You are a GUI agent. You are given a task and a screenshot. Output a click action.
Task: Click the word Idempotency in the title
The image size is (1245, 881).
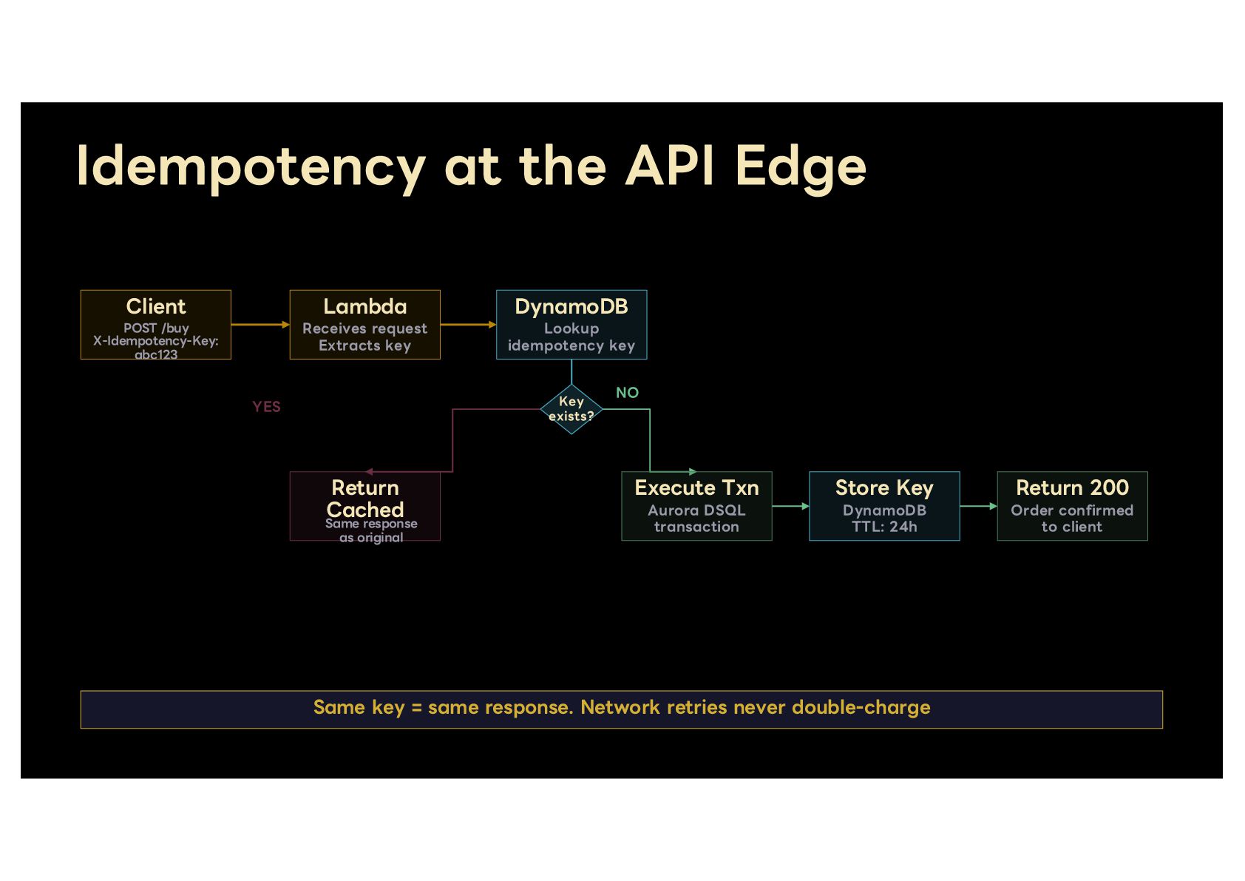tap(251, 167)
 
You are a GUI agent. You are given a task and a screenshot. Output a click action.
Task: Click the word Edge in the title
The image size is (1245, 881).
tap(801, 167)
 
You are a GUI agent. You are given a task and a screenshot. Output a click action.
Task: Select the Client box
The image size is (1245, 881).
tap(155, 325)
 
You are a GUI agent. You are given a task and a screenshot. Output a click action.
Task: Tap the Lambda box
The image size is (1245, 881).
tap(365, 325)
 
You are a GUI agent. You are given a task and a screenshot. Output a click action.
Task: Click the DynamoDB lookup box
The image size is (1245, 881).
tap(571, 325)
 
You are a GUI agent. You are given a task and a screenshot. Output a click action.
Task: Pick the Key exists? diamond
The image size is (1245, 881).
tap(571, 409)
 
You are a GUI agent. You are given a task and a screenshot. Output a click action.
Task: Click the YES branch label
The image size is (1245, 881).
tap(266, 407)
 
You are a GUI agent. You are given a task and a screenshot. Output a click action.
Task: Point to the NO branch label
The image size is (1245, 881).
tap(628, 393)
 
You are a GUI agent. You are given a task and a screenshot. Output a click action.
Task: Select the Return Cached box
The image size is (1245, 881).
tap(365, 506)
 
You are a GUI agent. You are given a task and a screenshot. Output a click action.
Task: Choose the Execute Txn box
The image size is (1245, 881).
tap(697, 506)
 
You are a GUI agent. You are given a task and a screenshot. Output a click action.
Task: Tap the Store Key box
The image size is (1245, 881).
tap(884, 506)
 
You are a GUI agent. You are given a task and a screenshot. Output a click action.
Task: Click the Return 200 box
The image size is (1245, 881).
tap(1073, 506)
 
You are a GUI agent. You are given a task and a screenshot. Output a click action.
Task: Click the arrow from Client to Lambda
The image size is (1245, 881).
tap(261, 325)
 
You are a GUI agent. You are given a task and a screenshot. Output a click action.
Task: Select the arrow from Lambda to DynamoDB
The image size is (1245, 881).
tap(469, 325)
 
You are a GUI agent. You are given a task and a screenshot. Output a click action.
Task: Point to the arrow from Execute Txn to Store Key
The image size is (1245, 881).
tap(791, 506)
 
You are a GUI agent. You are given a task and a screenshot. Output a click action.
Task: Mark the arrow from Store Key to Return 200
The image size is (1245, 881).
tap(979, 506)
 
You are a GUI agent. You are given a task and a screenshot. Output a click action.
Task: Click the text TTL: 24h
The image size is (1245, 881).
tap(884, 527)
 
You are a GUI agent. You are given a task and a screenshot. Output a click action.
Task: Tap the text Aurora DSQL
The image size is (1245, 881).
tap(697, 510)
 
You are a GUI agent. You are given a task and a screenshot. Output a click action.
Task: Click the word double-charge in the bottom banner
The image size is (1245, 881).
tap(861, 707)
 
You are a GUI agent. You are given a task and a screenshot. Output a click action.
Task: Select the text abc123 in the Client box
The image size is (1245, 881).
tap(156, 354)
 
